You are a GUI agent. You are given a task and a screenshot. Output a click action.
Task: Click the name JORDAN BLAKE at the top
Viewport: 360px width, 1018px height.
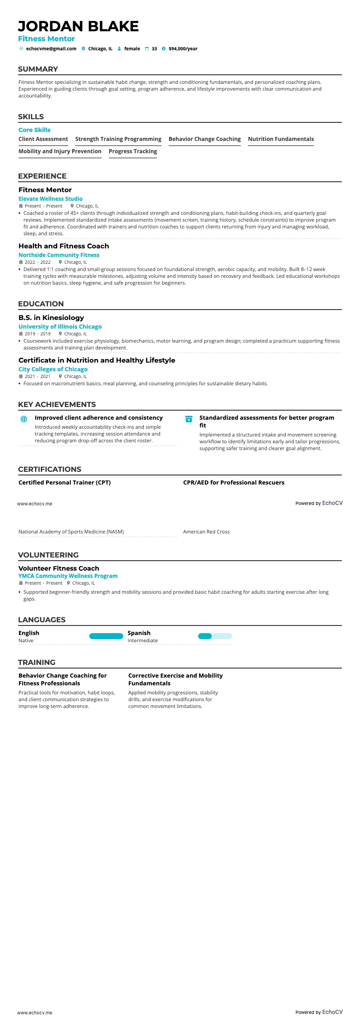coord(78,26)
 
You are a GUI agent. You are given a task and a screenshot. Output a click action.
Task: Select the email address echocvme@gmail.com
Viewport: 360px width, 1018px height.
coord(51,48)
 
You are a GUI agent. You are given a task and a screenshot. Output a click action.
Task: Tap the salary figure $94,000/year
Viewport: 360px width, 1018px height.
coord(183,48)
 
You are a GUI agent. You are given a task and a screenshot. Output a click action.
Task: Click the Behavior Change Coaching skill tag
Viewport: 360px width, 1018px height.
coord(204,139)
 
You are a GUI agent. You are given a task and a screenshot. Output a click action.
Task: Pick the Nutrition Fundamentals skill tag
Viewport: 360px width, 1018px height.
coord(281,139)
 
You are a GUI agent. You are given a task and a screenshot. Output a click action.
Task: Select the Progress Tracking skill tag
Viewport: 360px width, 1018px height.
coord(133,151)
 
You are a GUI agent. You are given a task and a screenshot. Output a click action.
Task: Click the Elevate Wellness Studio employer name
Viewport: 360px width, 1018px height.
coord(50,199)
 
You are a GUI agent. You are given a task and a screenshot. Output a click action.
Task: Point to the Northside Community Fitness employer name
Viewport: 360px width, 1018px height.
coord(59,255)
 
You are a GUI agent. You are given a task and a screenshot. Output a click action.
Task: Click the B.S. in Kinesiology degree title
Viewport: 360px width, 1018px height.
coord(51,318)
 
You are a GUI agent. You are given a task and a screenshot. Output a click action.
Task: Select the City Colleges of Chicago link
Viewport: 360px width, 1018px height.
coord(53,369)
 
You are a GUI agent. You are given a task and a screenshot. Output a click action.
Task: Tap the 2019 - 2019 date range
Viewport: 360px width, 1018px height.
coord(38,334)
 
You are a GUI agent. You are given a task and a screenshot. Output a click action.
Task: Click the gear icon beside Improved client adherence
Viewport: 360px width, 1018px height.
coord(24,419)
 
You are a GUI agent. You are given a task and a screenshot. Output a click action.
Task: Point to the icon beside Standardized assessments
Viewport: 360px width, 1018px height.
coord(189,419)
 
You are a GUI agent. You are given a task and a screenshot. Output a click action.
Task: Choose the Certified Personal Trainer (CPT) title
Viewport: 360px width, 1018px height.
coord(64,483)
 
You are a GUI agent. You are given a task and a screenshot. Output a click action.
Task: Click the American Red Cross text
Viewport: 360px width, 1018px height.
coord(206,532)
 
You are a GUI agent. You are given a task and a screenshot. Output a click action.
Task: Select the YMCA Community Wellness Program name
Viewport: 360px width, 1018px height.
coord(68,576)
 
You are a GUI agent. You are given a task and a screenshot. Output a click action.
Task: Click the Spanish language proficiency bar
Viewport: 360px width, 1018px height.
coord(215,636)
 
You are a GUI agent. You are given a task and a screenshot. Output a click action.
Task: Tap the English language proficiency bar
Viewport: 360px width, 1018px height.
coord(106,636)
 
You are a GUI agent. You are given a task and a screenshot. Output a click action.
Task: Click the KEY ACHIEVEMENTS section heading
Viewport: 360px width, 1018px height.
coord(57,405)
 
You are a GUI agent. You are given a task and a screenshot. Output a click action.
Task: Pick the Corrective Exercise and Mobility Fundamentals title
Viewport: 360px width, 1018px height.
coord(175,679)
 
